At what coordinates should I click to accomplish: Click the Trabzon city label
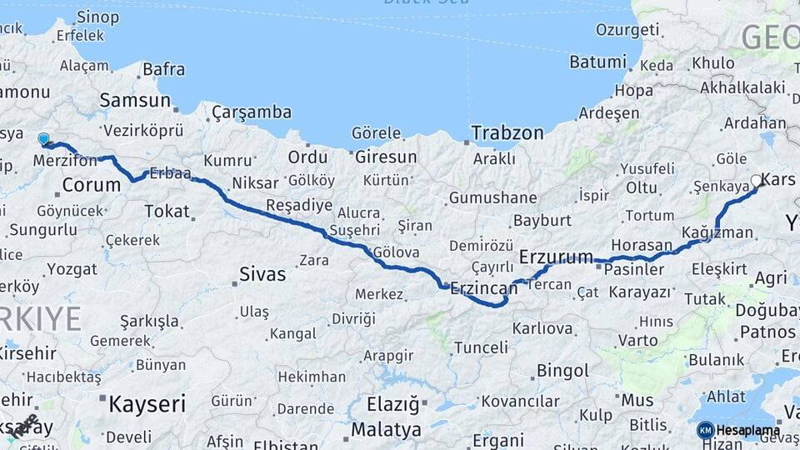[507, 132]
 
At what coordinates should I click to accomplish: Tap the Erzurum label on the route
[556, 256]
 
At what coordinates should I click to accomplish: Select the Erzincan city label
[483, 289]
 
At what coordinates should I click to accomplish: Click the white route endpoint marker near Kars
[757, 180]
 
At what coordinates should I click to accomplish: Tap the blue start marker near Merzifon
[43, 138]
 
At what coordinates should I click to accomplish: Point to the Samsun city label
[134, 101]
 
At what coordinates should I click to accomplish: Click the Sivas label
[262, 273]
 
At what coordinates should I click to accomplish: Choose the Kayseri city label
[147, 404]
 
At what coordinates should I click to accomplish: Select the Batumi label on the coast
[597, 62]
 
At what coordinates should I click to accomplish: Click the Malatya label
[386, 430]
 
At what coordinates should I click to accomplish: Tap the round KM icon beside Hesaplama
[705, 430]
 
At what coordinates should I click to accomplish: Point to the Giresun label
[386, 157]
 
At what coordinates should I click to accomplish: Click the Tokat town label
[167, 211]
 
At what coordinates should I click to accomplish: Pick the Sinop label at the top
[97, 17]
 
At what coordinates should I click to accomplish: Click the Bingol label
[562, 370]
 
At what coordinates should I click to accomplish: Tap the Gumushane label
[492, 198]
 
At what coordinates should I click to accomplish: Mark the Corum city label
[92, 184]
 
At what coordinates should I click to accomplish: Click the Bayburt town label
[542, 221]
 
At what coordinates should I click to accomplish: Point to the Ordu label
[307, 157]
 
